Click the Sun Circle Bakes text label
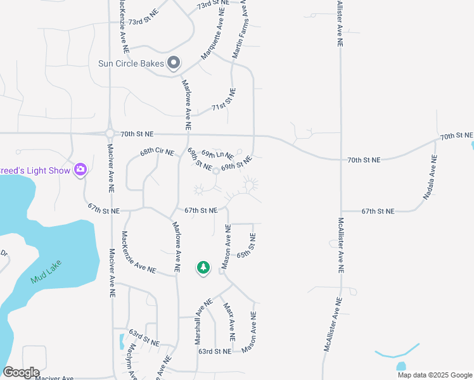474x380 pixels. tap(131, 63)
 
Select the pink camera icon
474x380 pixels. tap(80, 170)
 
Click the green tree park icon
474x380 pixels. tap(203, 268)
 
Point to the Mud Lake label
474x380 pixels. tap(48, 270)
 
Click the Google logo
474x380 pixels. tap(21, 372)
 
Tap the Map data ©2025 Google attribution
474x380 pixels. tap(434, 375)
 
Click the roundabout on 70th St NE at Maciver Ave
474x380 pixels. tap(110, 133)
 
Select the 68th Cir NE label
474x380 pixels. tap(157, 152)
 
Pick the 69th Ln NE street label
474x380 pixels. tap(217, 155)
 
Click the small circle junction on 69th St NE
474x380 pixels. tap(215, 171)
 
